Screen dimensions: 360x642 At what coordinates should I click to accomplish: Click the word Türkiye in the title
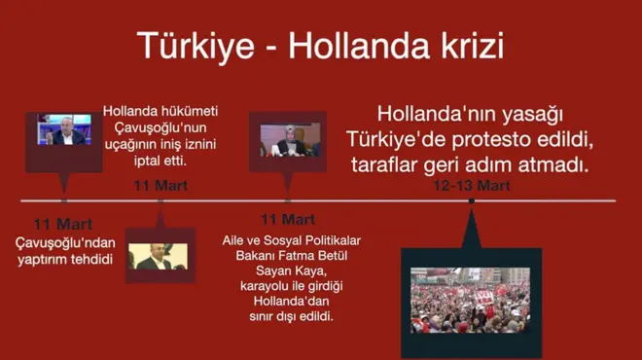point(190,45)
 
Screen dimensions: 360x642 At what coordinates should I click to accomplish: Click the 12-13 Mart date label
point(472,185)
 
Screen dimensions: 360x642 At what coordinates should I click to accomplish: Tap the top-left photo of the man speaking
point(64,131)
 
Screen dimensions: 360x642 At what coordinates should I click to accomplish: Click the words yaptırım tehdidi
point(64,259)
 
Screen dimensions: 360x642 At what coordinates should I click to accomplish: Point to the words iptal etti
point(160,161)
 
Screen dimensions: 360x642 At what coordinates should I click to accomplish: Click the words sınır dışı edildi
point(287,316)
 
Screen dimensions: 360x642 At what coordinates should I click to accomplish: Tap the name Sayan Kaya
point(287,271)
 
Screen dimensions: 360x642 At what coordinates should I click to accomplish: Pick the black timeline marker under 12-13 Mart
point(472,201)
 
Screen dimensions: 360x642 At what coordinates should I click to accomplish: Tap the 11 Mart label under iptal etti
point(160,185)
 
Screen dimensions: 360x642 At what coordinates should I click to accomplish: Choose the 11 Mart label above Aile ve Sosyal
point(287,219)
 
